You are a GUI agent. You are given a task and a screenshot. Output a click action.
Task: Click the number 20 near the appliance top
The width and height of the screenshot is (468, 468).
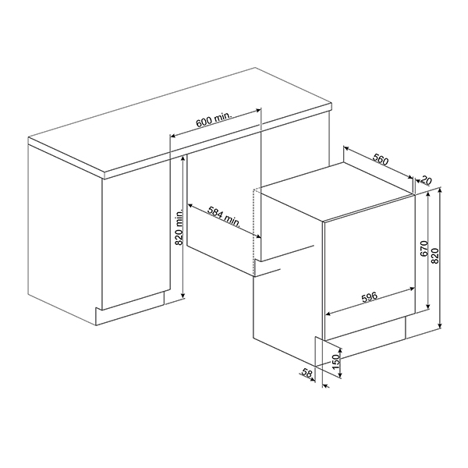tap(425, 179)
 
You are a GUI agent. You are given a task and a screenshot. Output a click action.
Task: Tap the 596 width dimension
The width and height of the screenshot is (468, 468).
tap(370, 296)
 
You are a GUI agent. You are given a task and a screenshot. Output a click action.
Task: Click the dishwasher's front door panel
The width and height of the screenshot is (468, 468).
tap(367, 265)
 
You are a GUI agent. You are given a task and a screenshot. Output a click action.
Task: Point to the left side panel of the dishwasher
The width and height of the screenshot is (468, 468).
tap(289, 273)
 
